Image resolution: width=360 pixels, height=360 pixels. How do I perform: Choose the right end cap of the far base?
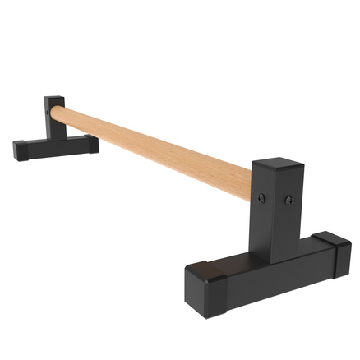pyautogui.click(x=87, y=144)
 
